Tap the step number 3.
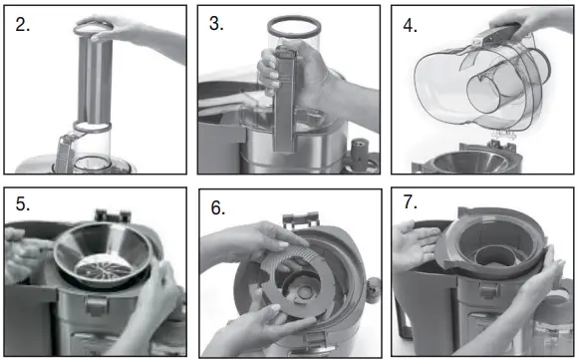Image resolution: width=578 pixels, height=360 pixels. [x=216, y=25]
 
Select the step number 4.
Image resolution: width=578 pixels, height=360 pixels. [x=409, y=24]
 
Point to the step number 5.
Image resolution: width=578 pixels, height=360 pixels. [x=23, y=206]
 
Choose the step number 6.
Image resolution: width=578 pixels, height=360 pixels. [x=218, y=209]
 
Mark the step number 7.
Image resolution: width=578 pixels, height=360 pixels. [x=410, y=204]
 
